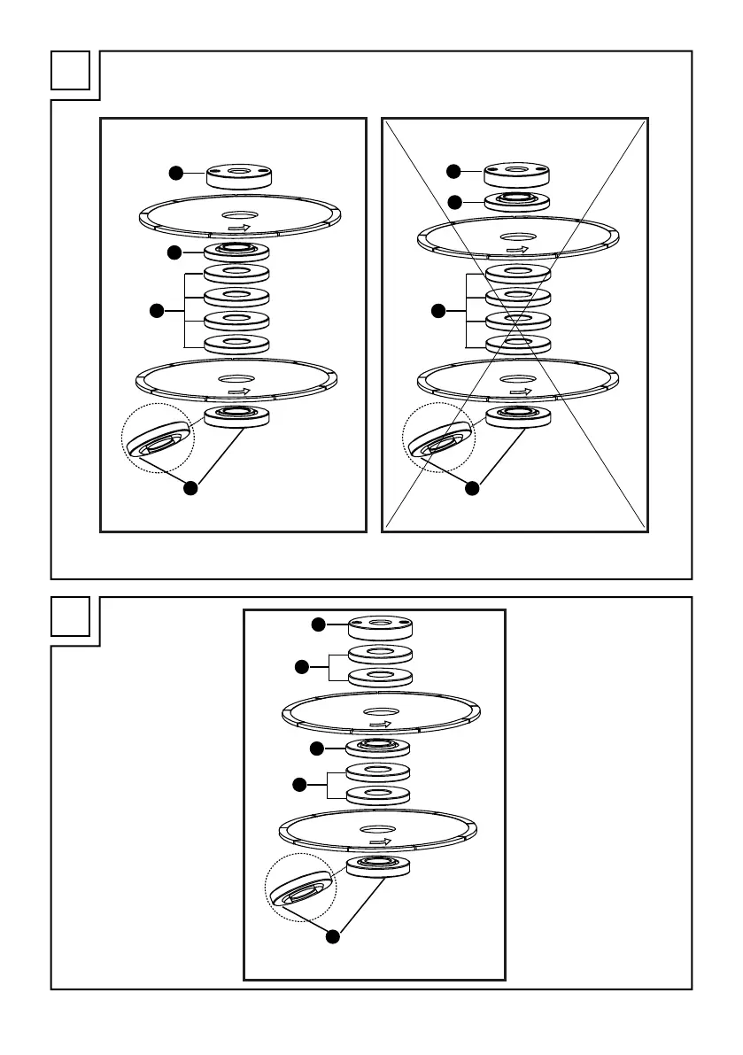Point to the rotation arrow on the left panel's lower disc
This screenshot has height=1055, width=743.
coord(237,390)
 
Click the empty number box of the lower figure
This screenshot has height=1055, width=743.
coord(71,617)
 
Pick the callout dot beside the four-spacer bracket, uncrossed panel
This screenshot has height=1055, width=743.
coord(156,310)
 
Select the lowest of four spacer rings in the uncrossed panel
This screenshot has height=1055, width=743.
coord(236,344)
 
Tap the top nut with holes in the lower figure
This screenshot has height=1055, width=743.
coord(381,627)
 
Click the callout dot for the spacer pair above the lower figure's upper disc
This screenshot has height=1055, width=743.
coord(301,666)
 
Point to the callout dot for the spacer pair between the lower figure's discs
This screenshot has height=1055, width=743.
coord(301,783)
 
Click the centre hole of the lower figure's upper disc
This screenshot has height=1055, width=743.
coord(380,712)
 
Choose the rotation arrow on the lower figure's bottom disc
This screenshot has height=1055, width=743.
coord(380,842)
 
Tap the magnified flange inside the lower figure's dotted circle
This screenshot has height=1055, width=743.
coord(302,888)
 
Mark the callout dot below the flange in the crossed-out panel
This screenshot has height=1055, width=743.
coord(472,486)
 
